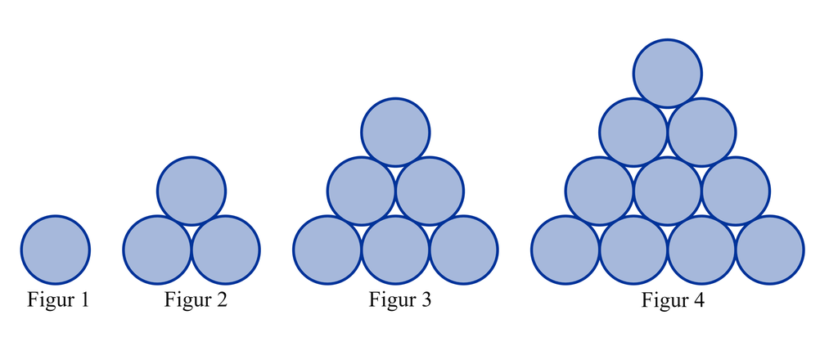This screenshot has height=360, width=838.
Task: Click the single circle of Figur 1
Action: click(x=56, y=250)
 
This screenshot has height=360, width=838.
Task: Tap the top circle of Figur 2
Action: click(x=191, y=191)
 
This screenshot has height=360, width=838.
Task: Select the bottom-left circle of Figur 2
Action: click(x=157, y=250)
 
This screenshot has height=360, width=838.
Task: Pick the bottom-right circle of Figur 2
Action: click(x=226, y=250)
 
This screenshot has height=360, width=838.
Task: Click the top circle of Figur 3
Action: click(x=396, y=132)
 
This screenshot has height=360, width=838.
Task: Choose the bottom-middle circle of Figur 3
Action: click(x=396, y=250)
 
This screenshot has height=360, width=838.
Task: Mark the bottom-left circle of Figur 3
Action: click(x=327, y=250)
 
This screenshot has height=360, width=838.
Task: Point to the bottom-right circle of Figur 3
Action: click(x=464, y=250)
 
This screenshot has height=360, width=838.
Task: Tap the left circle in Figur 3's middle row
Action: click(x=362, y=191)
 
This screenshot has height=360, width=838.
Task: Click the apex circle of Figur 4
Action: click(x=668, y=73)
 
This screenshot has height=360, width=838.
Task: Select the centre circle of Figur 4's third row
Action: click(x=668, y=191)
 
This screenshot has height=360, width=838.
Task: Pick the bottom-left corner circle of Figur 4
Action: click(x=565, y=250)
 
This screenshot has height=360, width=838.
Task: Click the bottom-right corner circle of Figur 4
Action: click(x=770, y=250)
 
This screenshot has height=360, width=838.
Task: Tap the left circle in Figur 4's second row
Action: click(x=633, y=132)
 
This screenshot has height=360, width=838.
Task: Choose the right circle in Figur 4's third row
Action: click(x=736, y=191)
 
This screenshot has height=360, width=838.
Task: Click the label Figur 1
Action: click(x=58, y=300)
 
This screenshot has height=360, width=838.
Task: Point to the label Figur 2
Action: click(x=196, y=300)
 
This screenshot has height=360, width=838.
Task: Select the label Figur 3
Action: click(x=399, y=300)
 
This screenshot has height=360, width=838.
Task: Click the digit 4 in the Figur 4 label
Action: click(x=697, y=301)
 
